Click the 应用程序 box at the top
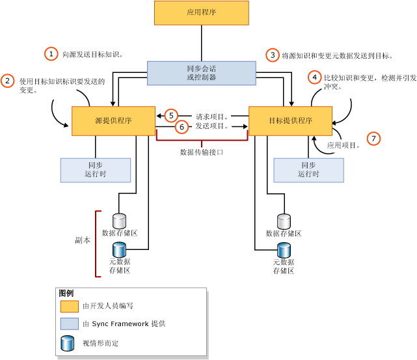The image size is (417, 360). [201, 13]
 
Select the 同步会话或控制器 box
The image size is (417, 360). [201, 73]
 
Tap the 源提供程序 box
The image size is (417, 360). [113, 121]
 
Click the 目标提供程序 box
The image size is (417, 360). [290, 121]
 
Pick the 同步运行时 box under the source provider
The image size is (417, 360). [95, 170]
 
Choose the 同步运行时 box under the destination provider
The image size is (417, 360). [308, 170]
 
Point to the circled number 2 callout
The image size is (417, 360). [8, 81]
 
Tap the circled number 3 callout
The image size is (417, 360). [273, 55]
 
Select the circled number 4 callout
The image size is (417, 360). [315, 77]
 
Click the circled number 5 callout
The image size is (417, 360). [171, 115]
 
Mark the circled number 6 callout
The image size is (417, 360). [182, 126]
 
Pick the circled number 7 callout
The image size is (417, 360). [373, 138]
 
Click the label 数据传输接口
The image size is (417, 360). [202, 152]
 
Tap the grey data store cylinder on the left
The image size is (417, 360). [119, 221]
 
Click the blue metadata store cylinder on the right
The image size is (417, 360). [284, 249]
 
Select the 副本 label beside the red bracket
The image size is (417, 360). [83, 240]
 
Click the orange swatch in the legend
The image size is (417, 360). [69, 306]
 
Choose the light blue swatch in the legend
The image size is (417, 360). [69, 324]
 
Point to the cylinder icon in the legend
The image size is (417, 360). [67, 343]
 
